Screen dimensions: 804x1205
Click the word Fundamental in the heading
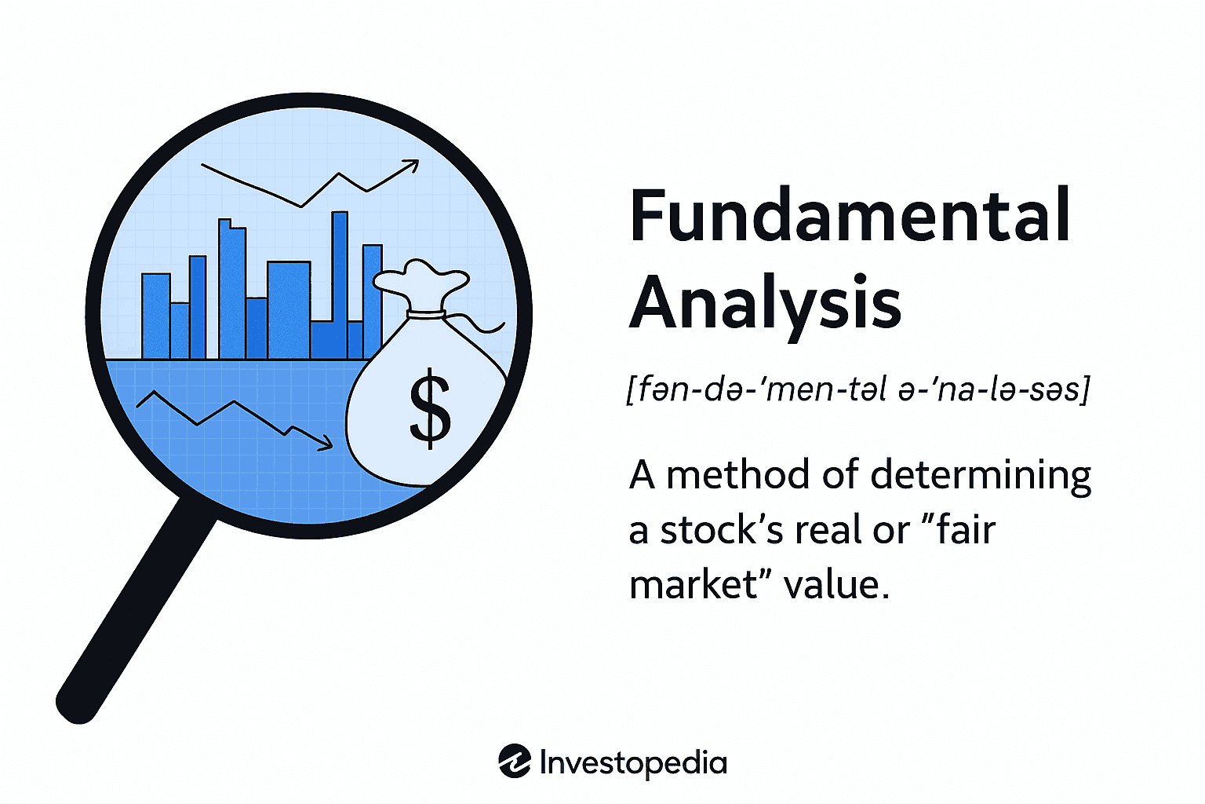point(850,215)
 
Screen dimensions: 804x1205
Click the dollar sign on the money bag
point(430,408)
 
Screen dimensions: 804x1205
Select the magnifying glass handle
point(133,612)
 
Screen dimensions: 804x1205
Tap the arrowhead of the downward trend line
point(324,444)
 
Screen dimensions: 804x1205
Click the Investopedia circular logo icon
point(515,762)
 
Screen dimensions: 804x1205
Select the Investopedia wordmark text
point(633,762)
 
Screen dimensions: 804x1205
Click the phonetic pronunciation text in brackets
point(858,389)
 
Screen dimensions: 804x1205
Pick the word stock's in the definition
point(721,530)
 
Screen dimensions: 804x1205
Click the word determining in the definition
point(981,476)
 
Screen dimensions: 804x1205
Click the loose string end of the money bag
point(490,328)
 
